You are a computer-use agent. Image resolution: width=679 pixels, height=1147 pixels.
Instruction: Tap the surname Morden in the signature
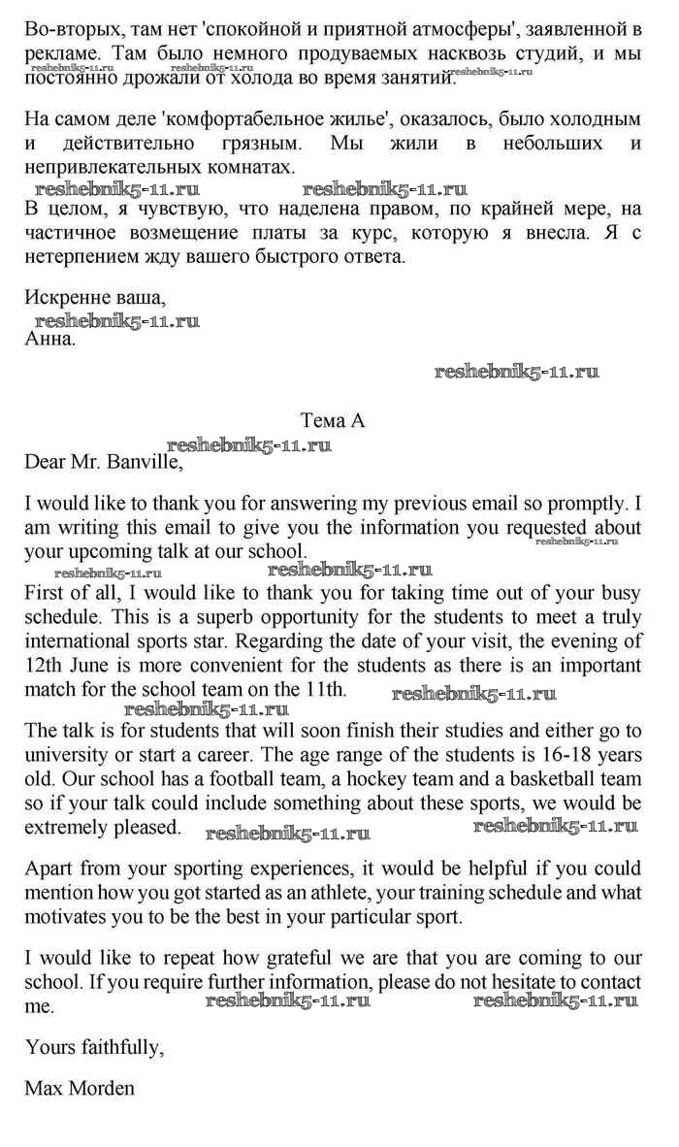[x=100, y=1087]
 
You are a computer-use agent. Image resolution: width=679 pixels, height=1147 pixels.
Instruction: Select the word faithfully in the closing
[x=116, y=1045]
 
